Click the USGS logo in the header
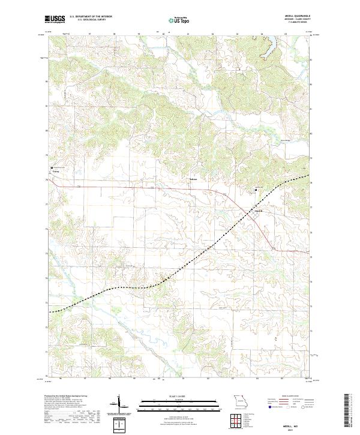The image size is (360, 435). pyautogui.click(x=55, y=20)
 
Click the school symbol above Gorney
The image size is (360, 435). pyautogui.click(x=52, y=167)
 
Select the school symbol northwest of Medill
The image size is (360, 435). pyautogui.click(x=256, y=190)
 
